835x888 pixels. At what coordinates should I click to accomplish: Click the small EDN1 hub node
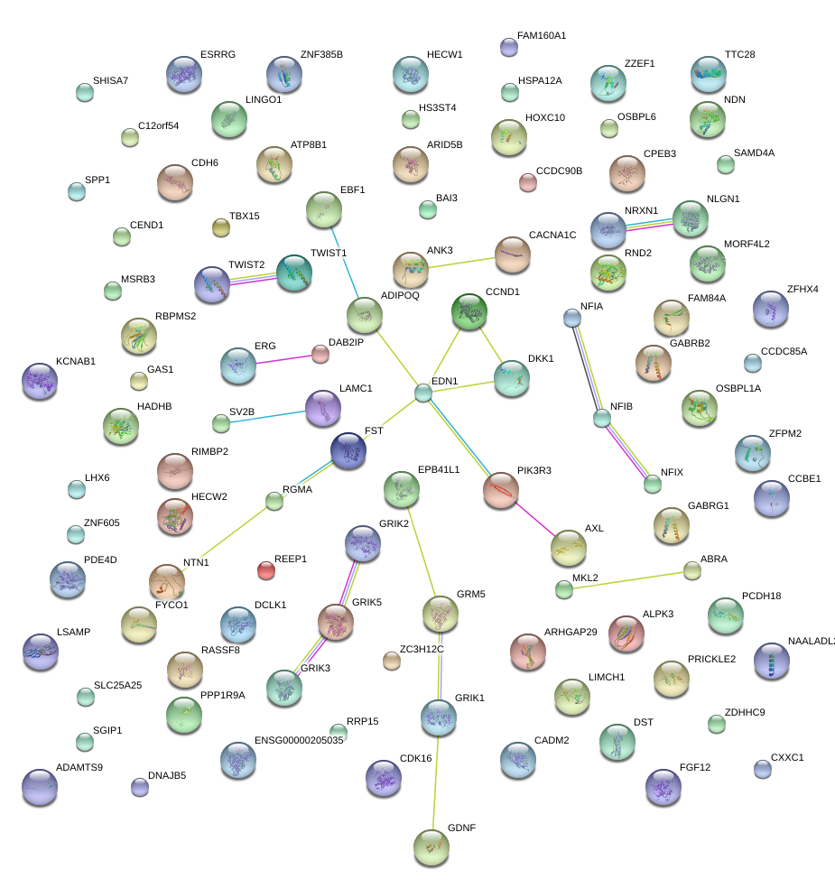click(x=423, y=393)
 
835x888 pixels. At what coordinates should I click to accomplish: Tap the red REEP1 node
click(x=265, y=569)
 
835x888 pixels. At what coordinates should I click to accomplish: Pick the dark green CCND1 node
click(x=469, y=312)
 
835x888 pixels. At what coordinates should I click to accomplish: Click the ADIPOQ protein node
click(x=365, y=315)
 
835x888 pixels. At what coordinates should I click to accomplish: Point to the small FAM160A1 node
click(x=508, y=47)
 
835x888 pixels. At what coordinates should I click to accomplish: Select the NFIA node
click(x=571, y=317)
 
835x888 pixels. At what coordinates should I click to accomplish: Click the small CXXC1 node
click(x=763, y=769)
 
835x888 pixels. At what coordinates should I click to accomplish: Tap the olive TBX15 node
click(x=221, y=227)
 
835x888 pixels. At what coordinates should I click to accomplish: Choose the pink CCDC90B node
click(x=528, y=182)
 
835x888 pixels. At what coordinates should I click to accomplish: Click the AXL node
click(x=568, y=547)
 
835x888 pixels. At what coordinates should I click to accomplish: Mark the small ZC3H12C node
click(x=391, y=661)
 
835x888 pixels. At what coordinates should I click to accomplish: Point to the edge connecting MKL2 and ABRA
click(x=627, y=580)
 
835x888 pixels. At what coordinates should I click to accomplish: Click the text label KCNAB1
click(x=76, y=361)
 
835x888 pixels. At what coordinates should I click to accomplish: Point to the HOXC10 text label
click(x=544, y=117)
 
